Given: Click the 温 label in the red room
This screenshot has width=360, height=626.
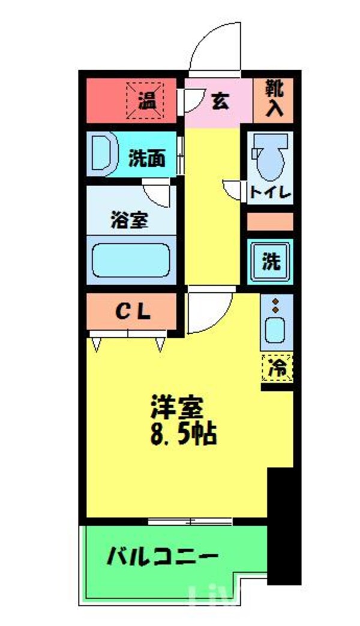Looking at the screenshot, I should pos(146,100).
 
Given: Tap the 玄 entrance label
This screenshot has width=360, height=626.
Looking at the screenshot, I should pos(220,101).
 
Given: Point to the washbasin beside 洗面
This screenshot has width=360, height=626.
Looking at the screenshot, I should pos(105,153).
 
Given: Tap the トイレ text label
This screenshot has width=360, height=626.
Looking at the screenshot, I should pos(270,193).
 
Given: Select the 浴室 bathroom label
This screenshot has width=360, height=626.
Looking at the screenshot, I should pos(129,220).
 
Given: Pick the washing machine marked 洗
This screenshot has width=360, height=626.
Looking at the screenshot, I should pos(271,262).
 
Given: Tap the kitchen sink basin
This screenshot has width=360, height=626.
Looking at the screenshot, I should pos(276,331).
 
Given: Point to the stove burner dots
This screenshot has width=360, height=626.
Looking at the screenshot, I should pos(275,305).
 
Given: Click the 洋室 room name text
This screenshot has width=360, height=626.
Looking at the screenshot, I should pos(177,409).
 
